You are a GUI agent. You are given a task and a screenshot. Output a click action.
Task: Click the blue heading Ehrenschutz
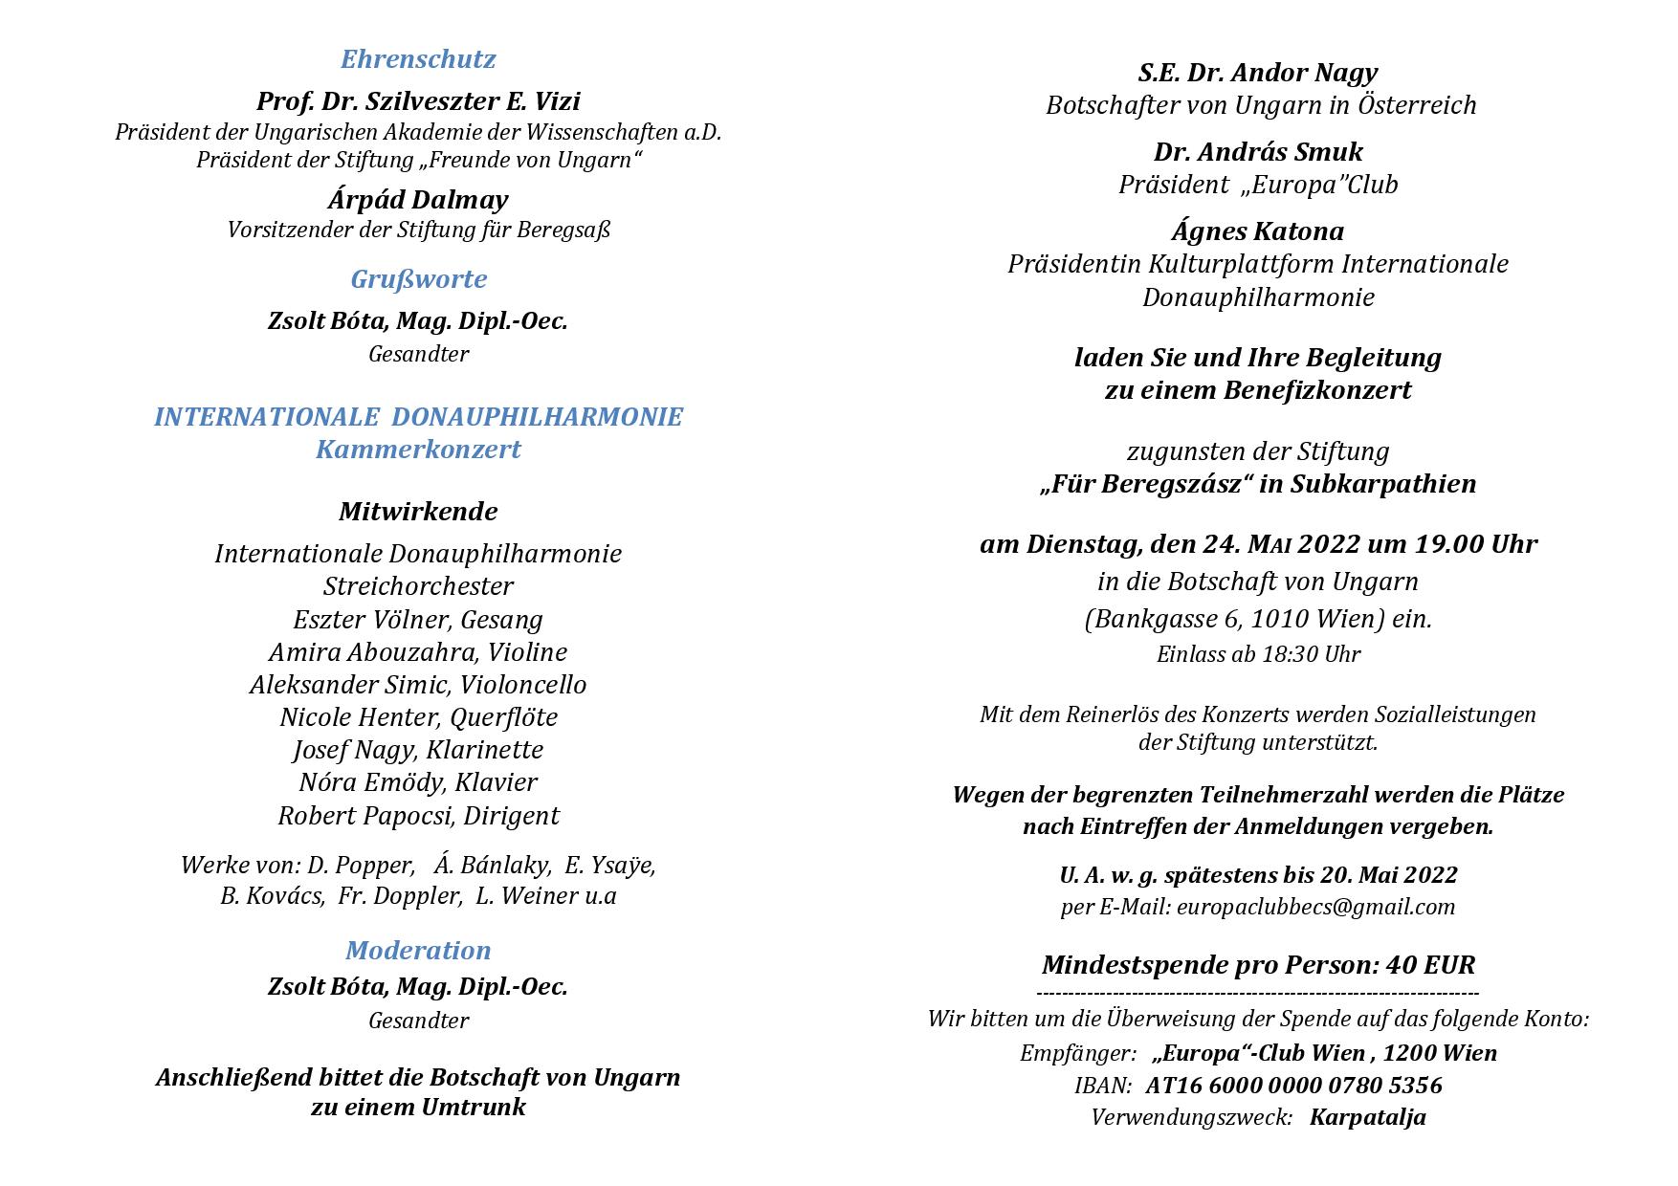[x=418, y=59]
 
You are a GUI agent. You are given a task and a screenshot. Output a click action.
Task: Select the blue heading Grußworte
[x=418, y=279]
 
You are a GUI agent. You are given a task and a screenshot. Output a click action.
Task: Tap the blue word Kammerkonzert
[x=418, y=450]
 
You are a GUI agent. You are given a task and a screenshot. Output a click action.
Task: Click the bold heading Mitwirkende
[x=418, y=512]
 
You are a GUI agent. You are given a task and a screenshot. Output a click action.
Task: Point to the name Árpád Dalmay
[x=418, y=200]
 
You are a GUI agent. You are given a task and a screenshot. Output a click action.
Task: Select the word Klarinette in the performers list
[x=484, y=750]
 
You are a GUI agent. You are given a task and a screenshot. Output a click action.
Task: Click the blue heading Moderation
[x=418, y=951]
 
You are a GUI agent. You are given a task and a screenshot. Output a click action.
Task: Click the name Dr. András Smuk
[x=1258, y=152]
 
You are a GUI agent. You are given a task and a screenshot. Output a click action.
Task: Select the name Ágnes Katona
[x=1258, y=231]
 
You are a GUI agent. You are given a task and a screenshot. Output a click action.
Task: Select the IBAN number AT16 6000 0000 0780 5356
[x=1293, y=1086]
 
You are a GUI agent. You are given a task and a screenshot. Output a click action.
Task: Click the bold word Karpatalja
[x=1367, y=1117]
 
